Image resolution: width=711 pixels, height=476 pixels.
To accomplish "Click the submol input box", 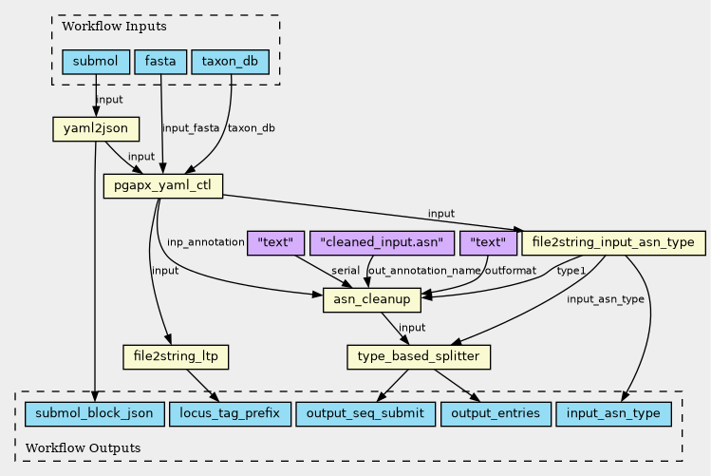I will click(95, 63).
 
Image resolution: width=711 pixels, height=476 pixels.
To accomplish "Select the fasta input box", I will click(160, 63).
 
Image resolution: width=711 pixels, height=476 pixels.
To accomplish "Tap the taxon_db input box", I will click(231, 63).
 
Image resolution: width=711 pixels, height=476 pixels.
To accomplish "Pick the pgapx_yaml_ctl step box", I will click(162, 185).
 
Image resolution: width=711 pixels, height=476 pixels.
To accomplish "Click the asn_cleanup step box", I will click(372, 300).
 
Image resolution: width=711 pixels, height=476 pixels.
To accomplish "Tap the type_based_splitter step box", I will click(419, 357).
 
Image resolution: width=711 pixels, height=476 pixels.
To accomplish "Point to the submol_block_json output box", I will click(93, 414).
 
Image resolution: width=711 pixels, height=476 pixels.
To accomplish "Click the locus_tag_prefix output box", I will click(229, 414).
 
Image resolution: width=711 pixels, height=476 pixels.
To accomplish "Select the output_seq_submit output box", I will click(365, 414).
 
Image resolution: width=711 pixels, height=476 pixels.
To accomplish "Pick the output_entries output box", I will click(496, 414).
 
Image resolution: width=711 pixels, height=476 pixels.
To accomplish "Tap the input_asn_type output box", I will click(614, 414).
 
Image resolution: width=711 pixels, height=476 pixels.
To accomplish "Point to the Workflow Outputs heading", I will click(84, 447).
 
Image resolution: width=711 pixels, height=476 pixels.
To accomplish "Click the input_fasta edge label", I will click(191, 128).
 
